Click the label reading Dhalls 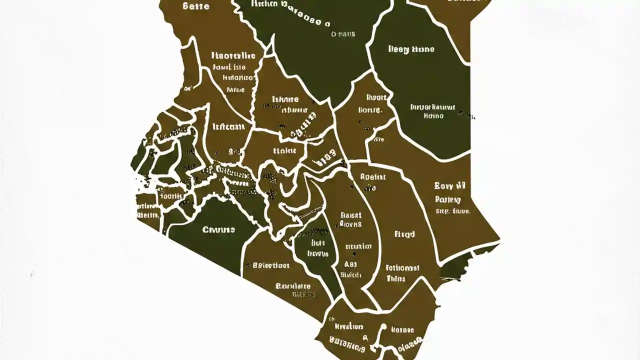[343, 34]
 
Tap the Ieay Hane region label [411, 49]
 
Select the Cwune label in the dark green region [218, 230]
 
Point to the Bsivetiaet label [271, 265]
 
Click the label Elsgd [404, 234]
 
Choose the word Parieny [447, 199]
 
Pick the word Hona [433, 115]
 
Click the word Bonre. [370, 110]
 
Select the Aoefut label [372, 176]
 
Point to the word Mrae [235, 90]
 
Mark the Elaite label [284, 150]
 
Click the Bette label [196, 6]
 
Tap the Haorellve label [233, 55]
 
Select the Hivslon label [348, 326]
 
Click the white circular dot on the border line [384, 327]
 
